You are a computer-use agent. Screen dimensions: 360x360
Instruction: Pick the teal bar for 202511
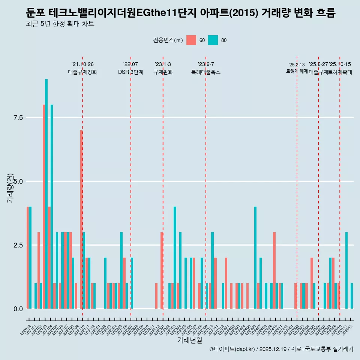[x=346, y=270]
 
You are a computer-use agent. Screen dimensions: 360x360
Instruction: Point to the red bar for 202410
[x=274, y=270]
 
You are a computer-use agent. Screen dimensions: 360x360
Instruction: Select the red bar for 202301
[x=162, y=270]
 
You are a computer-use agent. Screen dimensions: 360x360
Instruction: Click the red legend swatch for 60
[x=191, y=40]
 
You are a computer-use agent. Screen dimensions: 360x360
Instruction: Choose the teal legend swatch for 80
[x=213, y=40]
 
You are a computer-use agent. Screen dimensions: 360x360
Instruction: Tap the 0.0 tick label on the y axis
[x=18, y=309]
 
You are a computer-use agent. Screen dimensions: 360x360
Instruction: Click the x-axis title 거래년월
[x=189, y=340]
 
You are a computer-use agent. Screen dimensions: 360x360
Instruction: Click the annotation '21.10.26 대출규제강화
[x=82, y=68]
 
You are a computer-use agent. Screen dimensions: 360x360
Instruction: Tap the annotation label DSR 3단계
[x=130, y=72]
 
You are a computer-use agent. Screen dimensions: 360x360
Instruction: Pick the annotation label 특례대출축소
[x=206, y=72]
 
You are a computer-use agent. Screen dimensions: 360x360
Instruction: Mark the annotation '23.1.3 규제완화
[x=163, y=68]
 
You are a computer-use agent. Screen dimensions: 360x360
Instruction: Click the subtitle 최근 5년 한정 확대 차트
[x=60, y=24]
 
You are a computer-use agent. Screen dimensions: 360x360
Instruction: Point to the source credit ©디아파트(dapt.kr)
[x=232, y=349]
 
